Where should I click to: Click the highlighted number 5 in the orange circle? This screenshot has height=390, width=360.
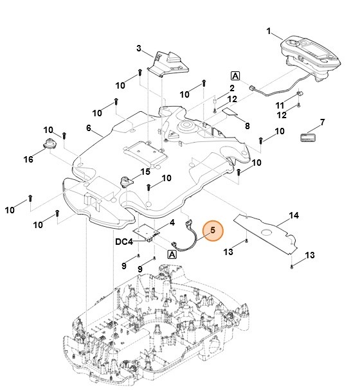pos(213,230)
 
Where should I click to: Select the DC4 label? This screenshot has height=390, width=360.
pos(124,242)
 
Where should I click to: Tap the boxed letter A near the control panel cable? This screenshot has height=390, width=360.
pos(235,76)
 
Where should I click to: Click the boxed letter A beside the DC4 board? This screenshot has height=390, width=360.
pos(172,254)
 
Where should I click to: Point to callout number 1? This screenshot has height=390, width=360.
pos(269,31)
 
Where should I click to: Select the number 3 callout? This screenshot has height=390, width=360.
pos(139,48)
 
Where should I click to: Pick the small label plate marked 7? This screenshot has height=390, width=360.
pos(308,137)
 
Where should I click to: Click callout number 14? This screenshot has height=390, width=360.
pos(294,215)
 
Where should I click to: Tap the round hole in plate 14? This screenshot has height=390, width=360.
pos(267,233)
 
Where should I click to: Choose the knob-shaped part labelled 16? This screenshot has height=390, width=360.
pos(50,144)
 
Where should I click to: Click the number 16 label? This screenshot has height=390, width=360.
pos(28,159)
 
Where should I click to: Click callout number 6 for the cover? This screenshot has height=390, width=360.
pos(89,128)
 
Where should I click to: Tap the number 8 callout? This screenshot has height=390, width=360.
pos(247,126)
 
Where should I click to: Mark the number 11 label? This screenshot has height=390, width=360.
pos(280,106)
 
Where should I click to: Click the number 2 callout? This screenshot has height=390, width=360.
pos(232,88)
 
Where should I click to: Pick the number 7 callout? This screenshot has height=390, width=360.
pos(322,122)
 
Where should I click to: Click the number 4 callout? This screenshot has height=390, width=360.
pos(172,222)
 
